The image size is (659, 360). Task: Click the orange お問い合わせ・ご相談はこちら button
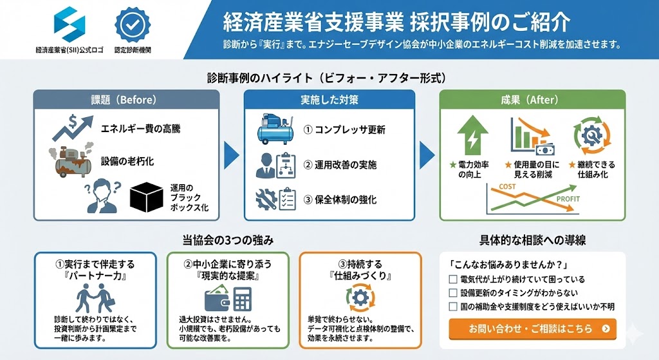click(532, 328)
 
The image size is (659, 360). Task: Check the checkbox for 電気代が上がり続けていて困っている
click(453, 279)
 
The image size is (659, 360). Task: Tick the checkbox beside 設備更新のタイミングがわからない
click(453, 293)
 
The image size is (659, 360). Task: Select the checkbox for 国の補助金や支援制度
click(453, 307)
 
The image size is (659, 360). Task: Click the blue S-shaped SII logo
click(69, 24)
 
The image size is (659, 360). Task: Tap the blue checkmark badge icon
click(133, 24)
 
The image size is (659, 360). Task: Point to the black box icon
click(147, 196)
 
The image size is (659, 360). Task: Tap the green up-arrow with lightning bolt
click(473, 135)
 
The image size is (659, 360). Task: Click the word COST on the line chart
click(508, 187)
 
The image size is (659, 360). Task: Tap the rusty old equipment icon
click(71, 160)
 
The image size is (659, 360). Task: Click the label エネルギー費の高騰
click(140, 129)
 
